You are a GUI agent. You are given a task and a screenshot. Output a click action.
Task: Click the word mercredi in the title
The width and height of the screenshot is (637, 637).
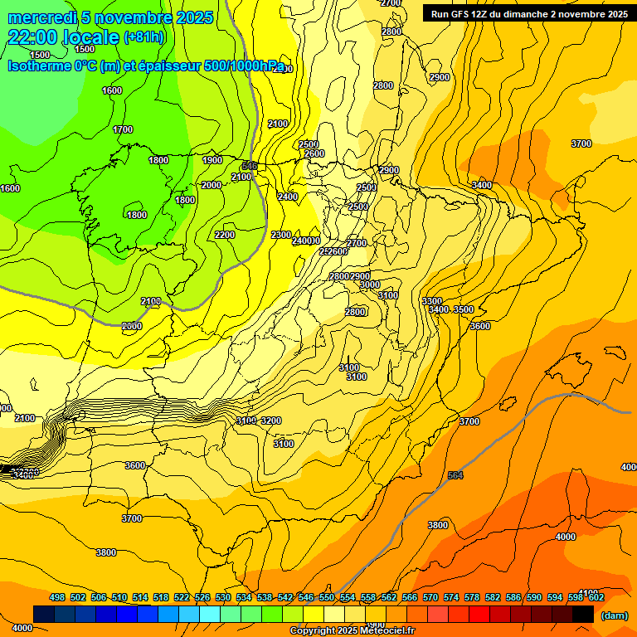[44, 17]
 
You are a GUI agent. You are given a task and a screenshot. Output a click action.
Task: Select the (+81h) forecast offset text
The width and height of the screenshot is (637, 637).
[144, 37]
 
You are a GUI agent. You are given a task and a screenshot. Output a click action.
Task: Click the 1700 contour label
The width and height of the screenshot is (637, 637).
[123, 129]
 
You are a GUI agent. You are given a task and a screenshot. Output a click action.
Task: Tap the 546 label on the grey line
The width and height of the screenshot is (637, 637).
[250, 167]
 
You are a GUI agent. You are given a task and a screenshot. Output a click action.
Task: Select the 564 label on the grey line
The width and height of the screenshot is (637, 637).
[455, 475]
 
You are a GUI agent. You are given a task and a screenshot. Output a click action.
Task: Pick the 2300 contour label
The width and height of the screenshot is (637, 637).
[281, 235]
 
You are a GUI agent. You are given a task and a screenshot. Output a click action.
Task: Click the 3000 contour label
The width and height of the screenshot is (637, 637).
[370, 284]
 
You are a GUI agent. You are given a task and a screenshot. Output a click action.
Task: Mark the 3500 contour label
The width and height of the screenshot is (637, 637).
[464, 309]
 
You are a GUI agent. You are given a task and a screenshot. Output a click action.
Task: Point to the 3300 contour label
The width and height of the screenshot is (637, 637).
[432, 301]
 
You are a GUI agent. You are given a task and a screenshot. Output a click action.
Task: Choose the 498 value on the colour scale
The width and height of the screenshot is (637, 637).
[57, 597]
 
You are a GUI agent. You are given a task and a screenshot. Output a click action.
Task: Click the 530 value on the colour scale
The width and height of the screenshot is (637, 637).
[223, 597]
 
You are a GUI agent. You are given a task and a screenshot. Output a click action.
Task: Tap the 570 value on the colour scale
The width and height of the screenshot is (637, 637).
[430, 597]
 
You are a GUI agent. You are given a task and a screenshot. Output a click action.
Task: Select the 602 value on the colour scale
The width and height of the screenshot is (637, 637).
[596, 597]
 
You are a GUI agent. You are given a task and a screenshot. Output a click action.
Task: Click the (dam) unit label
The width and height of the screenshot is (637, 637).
[615, 615]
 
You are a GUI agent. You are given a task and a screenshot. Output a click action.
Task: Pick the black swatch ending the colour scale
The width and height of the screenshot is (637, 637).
[583, 614]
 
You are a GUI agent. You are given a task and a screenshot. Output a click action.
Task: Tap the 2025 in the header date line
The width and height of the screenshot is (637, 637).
[192, 17]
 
